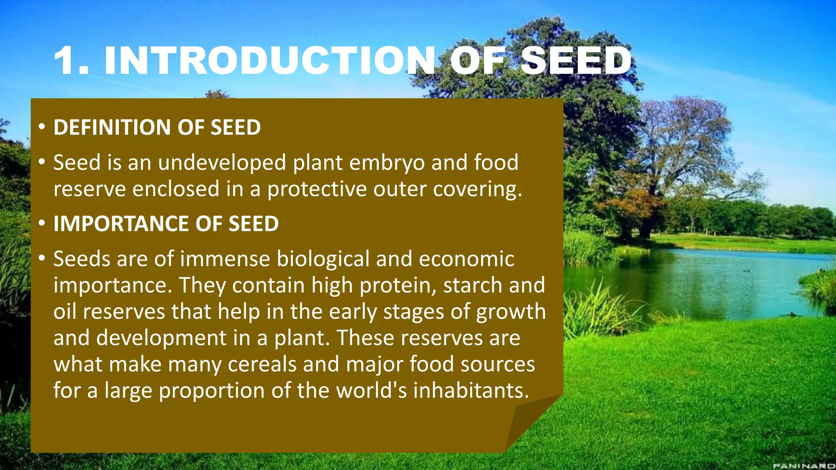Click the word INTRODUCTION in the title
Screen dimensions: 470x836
[269, 61]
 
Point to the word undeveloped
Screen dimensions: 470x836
[222, 163]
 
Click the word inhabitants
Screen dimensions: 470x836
[471, 390]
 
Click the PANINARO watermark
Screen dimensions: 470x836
[804, 466]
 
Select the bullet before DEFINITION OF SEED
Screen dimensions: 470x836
[42, 127]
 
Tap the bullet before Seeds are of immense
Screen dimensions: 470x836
[42, 259]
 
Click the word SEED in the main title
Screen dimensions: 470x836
[576, 61]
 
